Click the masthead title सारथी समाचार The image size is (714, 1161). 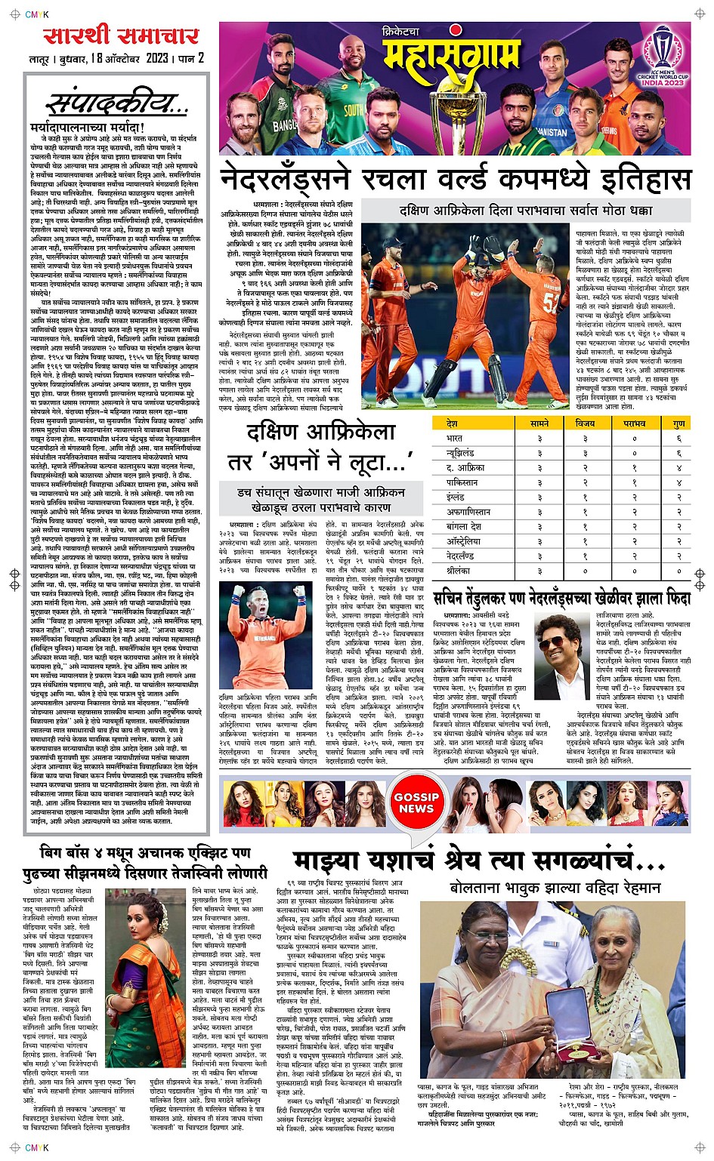pyautogui.click(x=121, y=35)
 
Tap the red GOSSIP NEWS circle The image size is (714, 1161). pyautogui.click(x=416, y=802)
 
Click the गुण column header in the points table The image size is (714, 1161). pyautogui.click(x=678, y=423)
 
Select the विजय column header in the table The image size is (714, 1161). pyautogui.click(x=585, y=423)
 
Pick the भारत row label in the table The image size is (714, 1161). pyautogui.click(x=455, y=438)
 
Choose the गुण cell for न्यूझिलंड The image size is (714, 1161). pyautogui.click(x=678, y=453)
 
